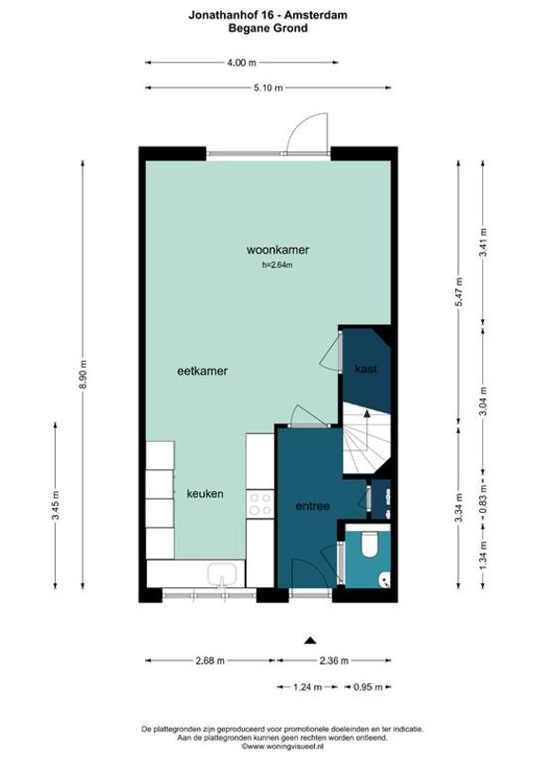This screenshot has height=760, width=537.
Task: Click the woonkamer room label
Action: (x=277, y=250)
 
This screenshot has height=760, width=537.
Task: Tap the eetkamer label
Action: (x=202, y=370)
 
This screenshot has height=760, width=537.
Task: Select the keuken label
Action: (x=205, y=494)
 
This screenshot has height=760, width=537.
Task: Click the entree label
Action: (x=312, y=506)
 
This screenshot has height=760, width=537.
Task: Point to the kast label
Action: (x=365, y=369)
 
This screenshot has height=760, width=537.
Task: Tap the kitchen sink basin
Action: (x=222, y=575)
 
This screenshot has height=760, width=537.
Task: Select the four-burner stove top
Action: (x=260, y=504)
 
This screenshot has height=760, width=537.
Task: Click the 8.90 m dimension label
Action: (x=83, y=374)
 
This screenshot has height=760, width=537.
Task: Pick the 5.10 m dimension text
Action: (x=268, y=87)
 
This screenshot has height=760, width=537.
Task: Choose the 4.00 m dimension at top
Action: (x=242, y=62)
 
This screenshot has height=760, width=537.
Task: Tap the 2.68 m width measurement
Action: (x=211, y=660)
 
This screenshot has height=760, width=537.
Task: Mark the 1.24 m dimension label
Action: (x=307, y=687)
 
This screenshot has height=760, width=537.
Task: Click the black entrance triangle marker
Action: (x=310, y=640)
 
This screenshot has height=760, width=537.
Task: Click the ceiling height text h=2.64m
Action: (x=277, y=265)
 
